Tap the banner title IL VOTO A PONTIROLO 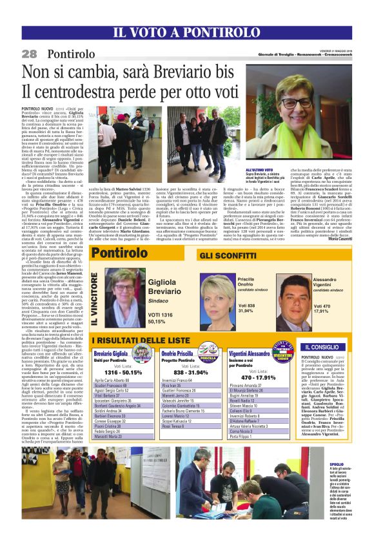(x=186, y=32)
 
